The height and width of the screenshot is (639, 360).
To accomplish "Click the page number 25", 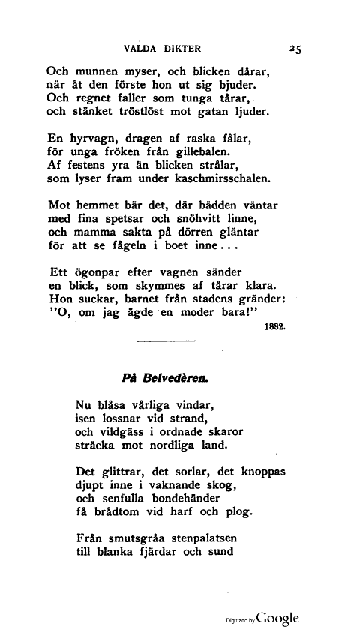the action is click(x=293, y=49).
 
